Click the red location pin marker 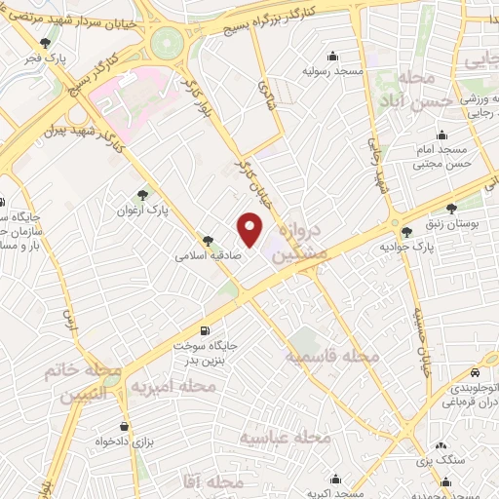[x=250, y=228]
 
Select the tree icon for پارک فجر [x=47, y=43]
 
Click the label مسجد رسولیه [x=335, y=71]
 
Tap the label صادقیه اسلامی [x=202, y=257]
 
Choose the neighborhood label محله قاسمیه [x=331, y=357]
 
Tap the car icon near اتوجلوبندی [x=474, y=373]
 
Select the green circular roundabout [x=169, y=43]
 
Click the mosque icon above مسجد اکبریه [x=336, y=478]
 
